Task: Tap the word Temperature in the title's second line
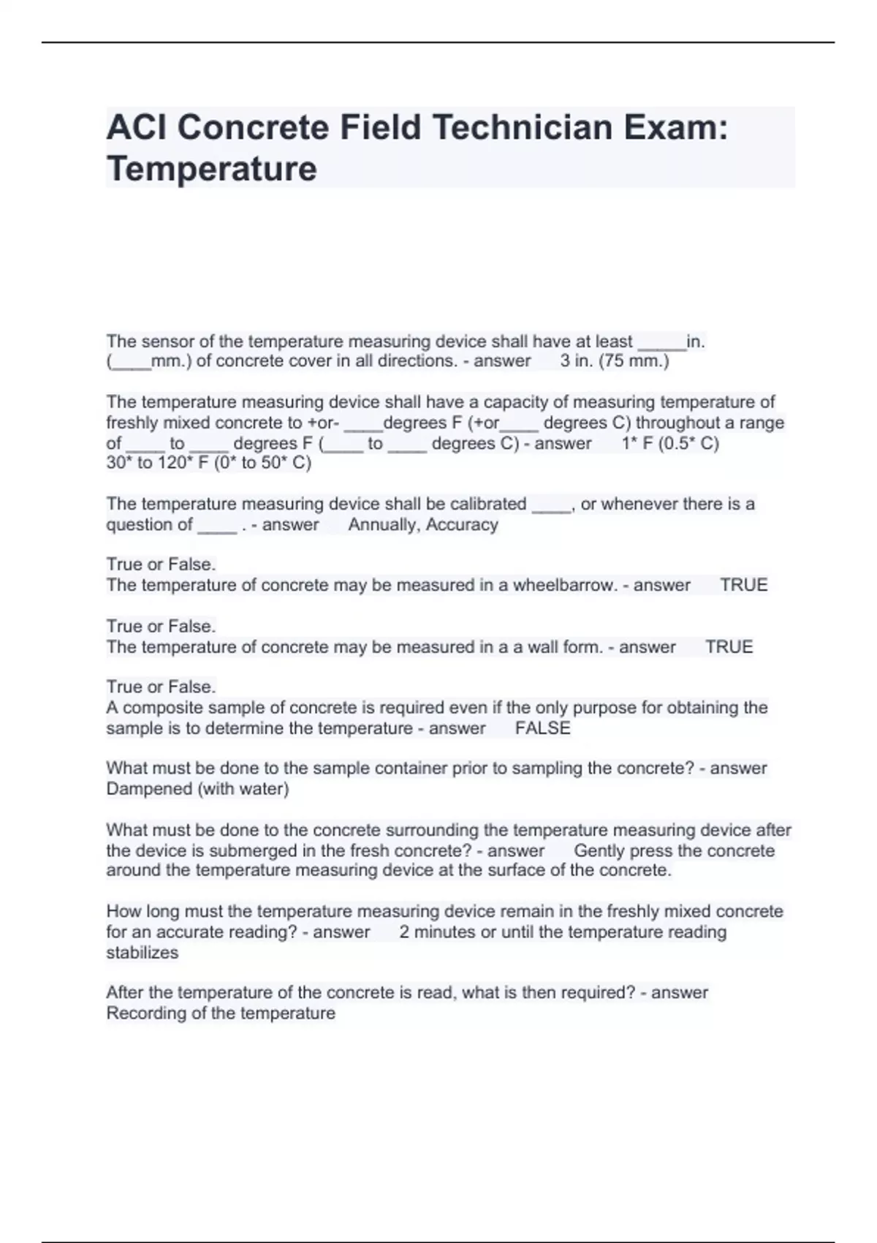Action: tap(212, 169)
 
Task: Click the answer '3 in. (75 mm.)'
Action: tap(614, 361)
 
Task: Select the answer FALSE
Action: tap(542, 728)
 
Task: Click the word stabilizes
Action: tap(143, 953)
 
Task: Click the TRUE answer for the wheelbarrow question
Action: tap(743, 585)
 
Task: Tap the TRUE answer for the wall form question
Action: tap(729, 647)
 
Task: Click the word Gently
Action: tap(599, 851)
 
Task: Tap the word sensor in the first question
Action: tap(164, 341)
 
